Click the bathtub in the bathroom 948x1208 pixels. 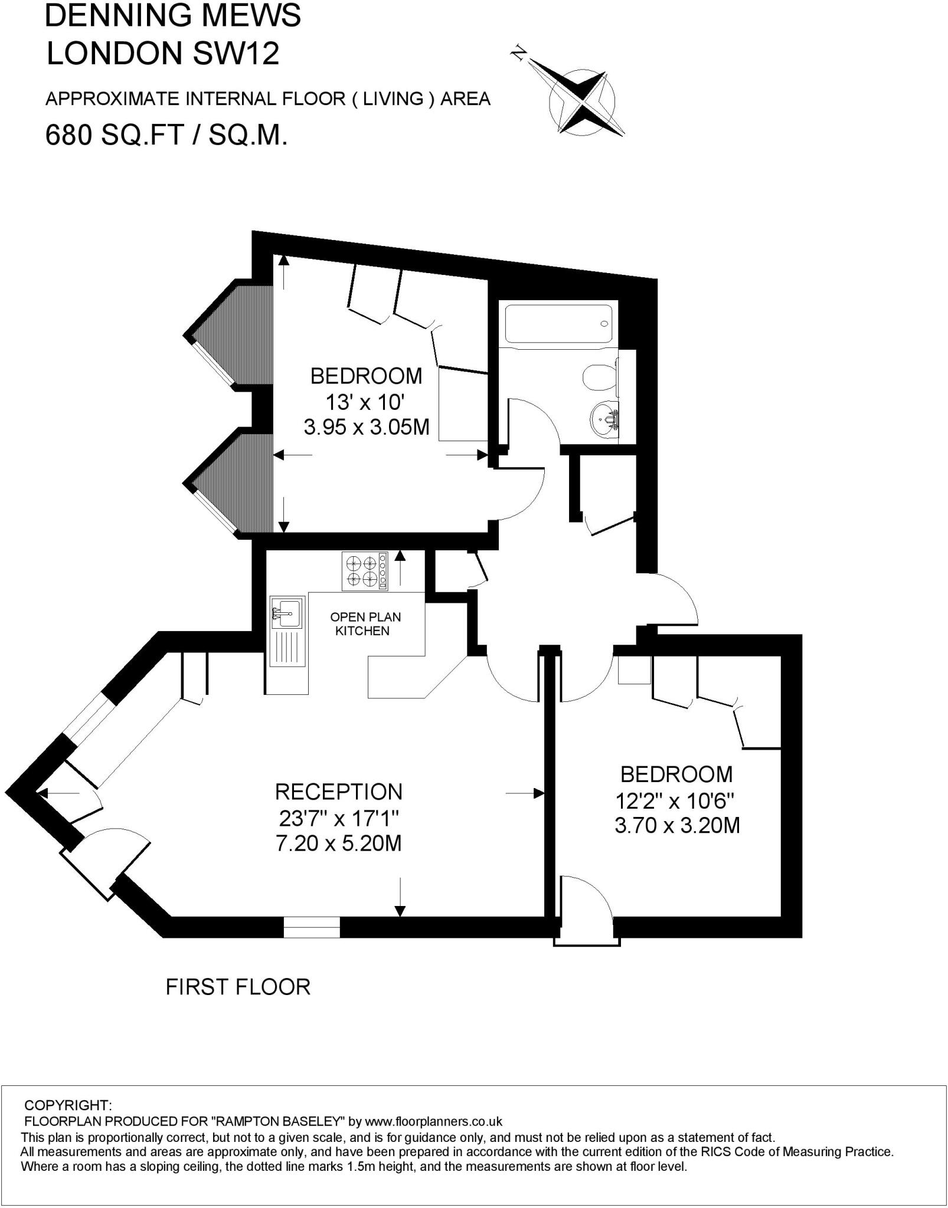click(x=558, y=323)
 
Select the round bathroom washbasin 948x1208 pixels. click(x=603, y=419)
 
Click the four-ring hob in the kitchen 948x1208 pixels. click(x=364, y=571)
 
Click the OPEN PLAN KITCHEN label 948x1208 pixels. click(x=365, y=623)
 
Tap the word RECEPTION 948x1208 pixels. click(x=338, y=792)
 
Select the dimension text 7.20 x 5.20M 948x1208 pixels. click(x=338, y=843)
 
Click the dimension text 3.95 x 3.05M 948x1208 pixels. click(x=366, y=426)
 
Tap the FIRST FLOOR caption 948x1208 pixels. click(x=238, y=987)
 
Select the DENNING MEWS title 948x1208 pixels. click(x=172, y=16)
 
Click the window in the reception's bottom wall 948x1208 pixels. click(x=312, y=927)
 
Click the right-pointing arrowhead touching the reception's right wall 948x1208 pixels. click(x=538, y=793)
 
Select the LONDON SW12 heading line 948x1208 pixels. click(x=162, y=54)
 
